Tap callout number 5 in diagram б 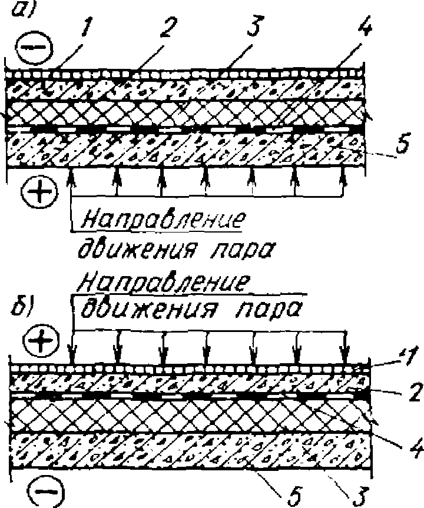coord(293,492)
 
